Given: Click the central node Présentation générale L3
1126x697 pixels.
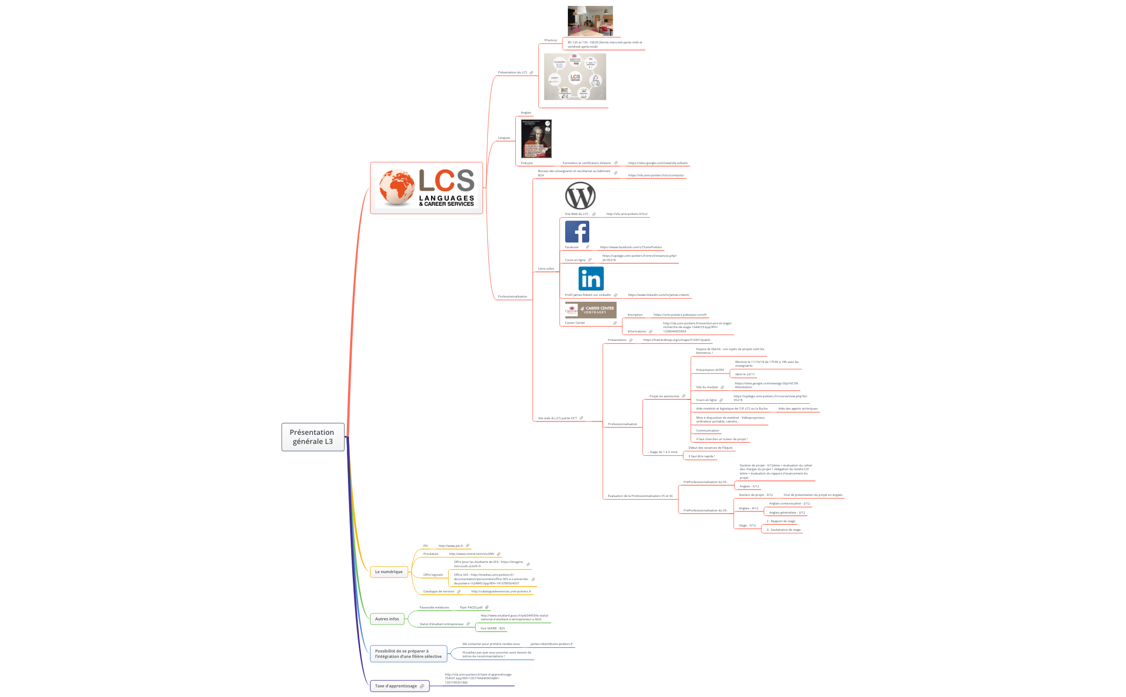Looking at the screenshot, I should pyautogui.click(x=313, y=437).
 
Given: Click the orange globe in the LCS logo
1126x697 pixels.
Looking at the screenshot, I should pyautogui.click(x=397, y=187).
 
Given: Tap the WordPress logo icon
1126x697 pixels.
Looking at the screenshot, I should pyautogui.click(x=580, y=196).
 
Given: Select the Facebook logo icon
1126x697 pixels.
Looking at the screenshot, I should pyautogui.click(x=577, y=232).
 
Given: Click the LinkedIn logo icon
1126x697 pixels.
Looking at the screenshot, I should pyautogui.click(x=591, y=279).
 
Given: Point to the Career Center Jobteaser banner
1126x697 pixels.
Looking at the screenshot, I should pyautogui.click(x=590, y=310).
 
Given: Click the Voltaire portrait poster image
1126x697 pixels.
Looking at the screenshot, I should pyautogui.click(x=536, y=138).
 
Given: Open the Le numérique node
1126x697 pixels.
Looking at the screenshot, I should pyautogui.click(x=389, y=572).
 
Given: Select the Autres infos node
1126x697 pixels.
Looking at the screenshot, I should pyautogui.click(x=387, y=619).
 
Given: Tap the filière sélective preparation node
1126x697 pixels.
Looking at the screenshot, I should pyautogui.click(x=408, y=654).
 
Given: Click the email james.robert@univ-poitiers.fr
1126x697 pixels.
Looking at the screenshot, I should pyautogui.click(x=551, y=644).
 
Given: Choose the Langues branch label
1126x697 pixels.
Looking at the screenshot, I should pyautogui.click(x=503, y=138).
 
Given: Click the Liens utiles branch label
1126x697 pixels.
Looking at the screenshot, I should pyautogui.click(x=546, y=269).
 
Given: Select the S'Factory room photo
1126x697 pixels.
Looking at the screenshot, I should pyautogui.click(x=590, y=21).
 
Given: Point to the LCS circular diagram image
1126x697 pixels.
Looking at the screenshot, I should pyautogui.click(x=575, y=76).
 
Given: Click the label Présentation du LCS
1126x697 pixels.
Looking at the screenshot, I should pyautogui.click(x=512, y=72).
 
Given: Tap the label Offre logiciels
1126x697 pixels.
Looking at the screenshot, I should pyautogui.click(x=433, y=575).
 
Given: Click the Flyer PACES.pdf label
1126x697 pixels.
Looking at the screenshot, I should pyautogui.click(x=471, y=607).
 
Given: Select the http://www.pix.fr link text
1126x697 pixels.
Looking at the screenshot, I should pyautogui.click(x=450, y=546).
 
